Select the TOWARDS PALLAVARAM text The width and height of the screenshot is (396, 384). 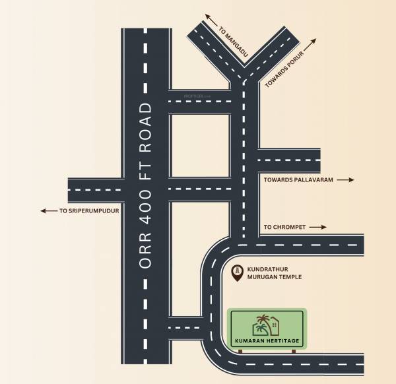click(298, 179)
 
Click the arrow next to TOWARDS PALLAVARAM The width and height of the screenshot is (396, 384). click(346, 179)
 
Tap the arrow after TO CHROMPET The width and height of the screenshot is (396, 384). click(318, 227)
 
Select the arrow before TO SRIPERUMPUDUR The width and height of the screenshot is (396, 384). click(48, 211)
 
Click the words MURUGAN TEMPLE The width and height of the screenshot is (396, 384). click(275, 277)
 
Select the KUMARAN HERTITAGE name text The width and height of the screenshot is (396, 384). click(267, 340)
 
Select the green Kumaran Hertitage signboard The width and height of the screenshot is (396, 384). click(267, 329)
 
